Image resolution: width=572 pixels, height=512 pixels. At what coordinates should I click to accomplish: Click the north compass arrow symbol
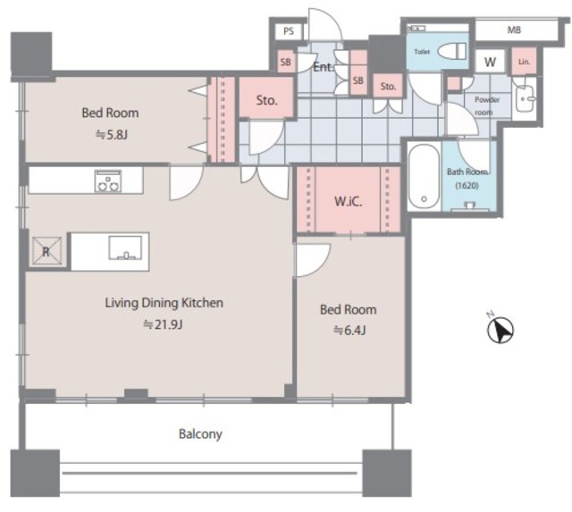click(500, 330)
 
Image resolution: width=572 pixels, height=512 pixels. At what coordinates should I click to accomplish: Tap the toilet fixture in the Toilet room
click(452, 51)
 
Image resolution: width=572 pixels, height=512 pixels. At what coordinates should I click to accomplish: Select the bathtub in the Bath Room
click(424, 177)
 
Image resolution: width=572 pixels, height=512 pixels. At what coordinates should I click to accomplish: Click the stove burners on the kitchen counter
click(108, 180)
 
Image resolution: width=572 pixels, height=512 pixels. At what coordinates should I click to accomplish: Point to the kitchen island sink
click(125, 248)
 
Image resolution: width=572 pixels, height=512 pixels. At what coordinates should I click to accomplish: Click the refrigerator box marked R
click(46, 250)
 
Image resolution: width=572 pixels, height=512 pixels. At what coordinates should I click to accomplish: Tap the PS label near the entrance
click(289, 31)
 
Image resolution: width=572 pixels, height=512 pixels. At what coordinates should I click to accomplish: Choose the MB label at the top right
click(514, 29)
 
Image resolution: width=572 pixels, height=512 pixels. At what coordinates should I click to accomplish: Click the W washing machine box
click(491, 62)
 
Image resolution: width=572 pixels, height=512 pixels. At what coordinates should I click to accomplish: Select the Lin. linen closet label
click(524, 62)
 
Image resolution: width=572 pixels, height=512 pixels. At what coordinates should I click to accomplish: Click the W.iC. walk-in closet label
click(349, 201)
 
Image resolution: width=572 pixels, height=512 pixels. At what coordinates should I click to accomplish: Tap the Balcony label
click(200, 434)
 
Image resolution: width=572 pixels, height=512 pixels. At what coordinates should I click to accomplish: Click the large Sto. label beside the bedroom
click(266, 100)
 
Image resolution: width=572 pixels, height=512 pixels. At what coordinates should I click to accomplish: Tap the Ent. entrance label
click(324, 67)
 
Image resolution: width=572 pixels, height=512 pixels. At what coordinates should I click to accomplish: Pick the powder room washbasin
click(525, 97)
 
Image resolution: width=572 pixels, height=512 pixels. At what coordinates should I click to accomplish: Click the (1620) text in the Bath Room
click(467, 185)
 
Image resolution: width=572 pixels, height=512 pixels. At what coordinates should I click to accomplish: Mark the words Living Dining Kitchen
click(164, 303)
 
